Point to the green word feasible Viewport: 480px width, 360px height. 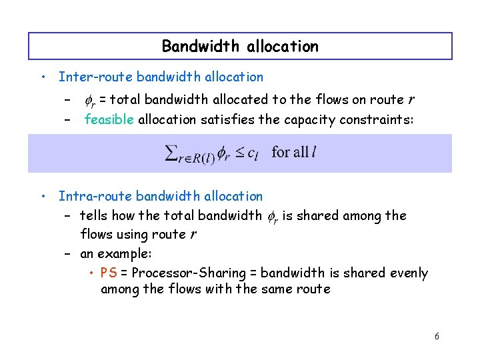(109, 120)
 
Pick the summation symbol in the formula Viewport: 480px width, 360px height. (171, 153)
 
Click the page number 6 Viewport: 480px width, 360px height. (437, 337)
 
